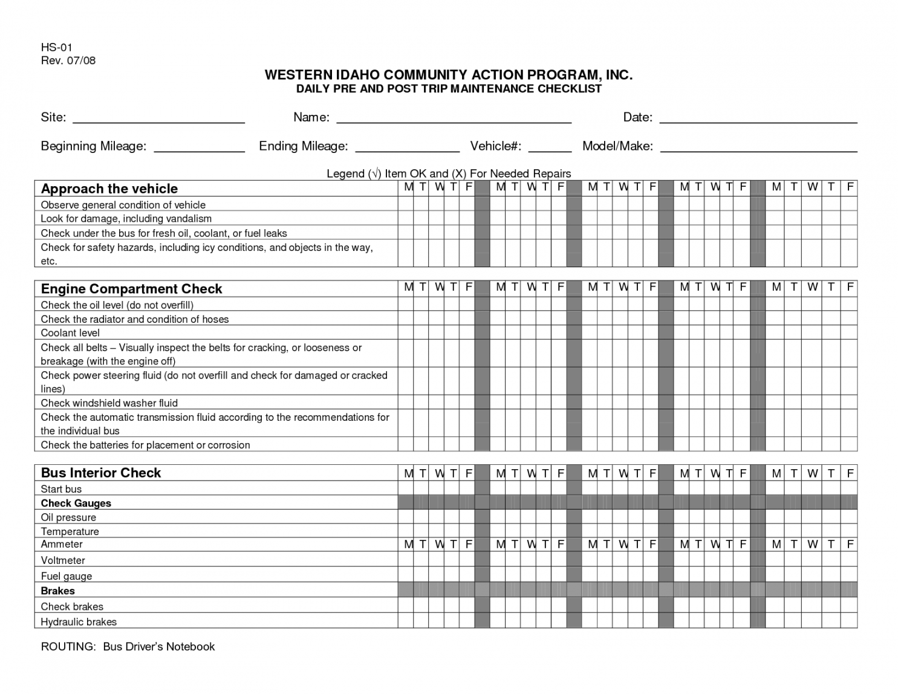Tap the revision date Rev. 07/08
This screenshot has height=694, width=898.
(68, 60)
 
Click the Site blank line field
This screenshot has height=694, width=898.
(158, 118)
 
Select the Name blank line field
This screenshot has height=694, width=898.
(454, 118)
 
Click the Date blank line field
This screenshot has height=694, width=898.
(758, 118)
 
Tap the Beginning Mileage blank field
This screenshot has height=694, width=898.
(199, 147)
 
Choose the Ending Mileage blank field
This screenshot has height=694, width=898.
(407, 147)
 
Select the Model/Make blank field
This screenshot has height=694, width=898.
(758, 147)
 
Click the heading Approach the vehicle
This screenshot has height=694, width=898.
(109, 189)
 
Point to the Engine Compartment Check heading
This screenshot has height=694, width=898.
(131, 289)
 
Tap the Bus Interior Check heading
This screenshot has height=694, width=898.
(101, 473)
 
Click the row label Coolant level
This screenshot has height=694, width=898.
(70, 333)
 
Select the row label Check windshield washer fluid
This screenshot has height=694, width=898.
(109, 403)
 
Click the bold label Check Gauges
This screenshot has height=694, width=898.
(76, 504)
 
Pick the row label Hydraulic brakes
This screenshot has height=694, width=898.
(79, 622)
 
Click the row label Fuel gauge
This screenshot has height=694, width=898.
(66, 577)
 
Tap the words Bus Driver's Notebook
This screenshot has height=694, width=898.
(158, 647)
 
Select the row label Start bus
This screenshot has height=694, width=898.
(60, 489)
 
